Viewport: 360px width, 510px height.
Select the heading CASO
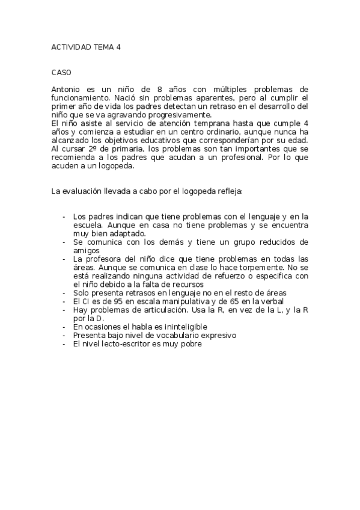point(61,72)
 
